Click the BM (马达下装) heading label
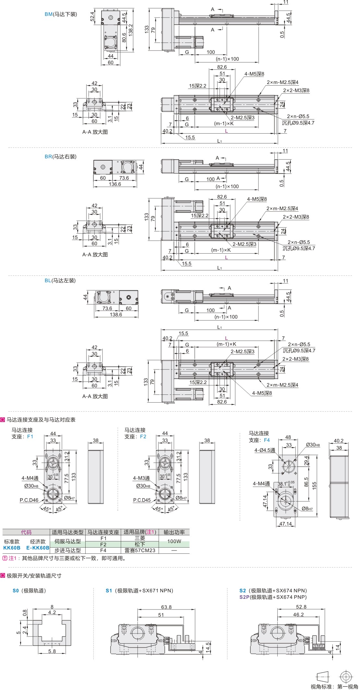tap(61, 14)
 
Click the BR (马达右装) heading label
tap(60, 157)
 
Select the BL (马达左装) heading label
tap(60, 281)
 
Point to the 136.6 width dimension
tap(115, 184)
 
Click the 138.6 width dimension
tap(116, 314)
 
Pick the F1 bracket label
tap(30, 437)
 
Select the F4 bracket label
tap(267, 440)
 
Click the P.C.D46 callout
tap(29, 500)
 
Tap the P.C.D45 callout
tap(142, 500)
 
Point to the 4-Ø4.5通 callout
tap(265, 450)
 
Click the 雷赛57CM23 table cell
tap(140, 550)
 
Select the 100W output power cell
tap(174, 541)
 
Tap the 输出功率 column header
tap(174, 532)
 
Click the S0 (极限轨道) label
tap(29, 591)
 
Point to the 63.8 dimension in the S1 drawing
tap(166, 607)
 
